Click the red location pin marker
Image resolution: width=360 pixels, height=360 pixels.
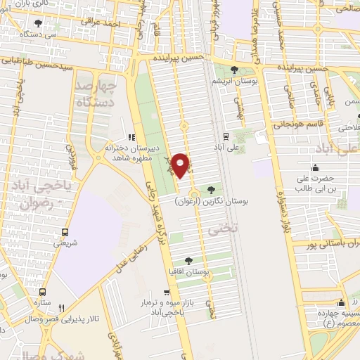tap(182, 165)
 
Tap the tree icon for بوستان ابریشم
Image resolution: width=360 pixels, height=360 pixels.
tap(234, 70)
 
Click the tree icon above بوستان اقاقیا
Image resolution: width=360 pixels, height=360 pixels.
tap(188, 259)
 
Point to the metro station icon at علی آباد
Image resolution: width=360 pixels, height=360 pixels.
tap(225, 136)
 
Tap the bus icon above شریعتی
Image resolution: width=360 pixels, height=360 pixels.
tap(65, 232)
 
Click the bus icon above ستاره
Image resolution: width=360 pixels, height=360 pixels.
tap(43, 291)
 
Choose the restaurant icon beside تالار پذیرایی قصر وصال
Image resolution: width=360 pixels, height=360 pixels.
tap(61, 308)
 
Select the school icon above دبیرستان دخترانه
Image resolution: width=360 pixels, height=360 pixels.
tap(129, 137)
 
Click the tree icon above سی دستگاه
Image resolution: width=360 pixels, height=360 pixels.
tap(38, 23)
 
